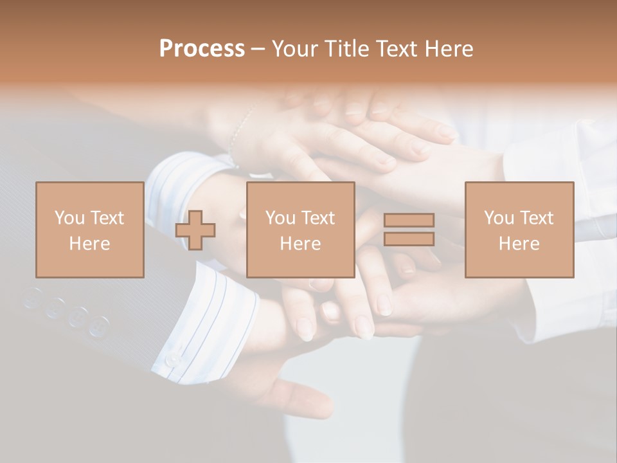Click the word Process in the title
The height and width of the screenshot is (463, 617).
(202, 49)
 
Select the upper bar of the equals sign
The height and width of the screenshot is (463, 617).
(409, 221)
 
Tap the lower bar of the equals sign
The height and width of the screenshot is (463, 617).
(409, 239)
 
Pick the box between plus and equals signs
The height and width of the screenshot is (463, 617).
(301, 230)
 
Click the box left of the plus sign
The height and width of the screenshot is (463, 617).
(89, 230)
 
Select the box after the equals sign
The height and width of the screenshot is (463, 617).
(519, 230)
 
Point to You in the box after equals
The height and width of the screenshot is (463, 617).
(499, 218)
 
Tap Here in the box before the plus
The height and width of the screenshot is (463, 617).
(89, 244)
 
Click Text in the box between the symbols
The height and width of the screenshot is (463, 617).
(319, 218)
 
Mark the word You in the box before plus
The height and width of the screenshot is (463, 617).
(69, 218)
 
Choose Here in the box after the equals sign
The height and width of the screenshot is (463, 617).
(519, 244)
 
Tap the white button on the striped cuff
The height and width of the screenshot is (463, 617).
(173, 359)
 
